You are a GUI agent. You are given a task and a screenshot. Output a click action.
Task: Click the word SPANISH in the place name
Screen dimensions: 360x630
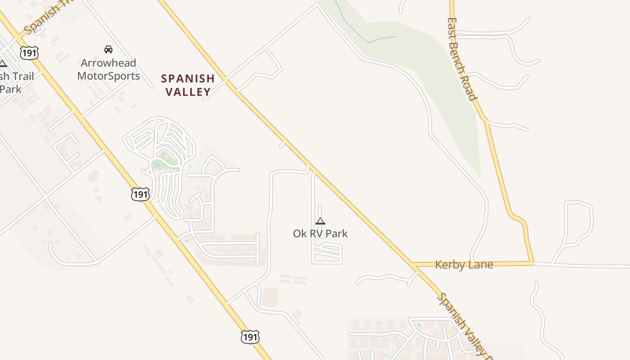point(188,79)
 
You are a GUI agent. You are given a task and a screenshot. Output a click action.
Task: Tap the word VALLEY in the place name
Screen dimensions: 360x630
point(188,92)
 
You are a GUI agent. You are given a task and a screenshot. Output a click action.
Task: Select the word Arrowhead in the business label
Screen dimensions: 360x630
point(108,63)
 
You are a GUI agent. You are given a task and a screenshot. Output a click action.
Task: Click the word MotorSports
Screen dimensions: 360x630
point(108,76)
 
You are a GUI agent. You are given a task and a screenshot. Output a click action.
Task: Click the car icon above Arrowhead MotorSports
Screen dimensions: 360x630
point(108,49)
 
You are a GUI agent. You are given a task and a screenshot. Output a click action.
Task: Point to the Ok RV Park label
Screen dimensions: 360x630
point(320,234)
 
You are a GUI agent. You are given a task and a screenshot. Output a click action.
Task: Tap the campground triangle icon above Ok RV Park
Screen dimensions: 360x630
point(320,221)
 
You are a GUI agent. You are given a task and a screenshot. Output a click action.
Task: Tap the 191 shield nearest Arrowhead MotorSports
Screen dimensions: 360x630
point(29,53)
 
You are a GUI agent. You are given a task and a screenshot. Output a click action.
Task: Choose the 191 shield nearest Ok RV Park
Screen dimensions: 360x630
point(250,337)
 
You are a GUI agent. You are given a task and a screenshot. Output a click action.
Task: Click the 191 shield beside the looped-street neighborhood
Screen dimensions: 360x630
point(140,194)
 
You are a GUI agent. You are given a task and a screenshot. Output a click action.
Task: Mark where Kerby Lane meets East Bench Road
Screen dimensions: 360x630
point(532,262)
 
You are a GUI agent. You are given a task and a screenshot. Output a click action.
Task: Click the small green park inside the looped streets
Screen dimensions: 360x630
point(165,164)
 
